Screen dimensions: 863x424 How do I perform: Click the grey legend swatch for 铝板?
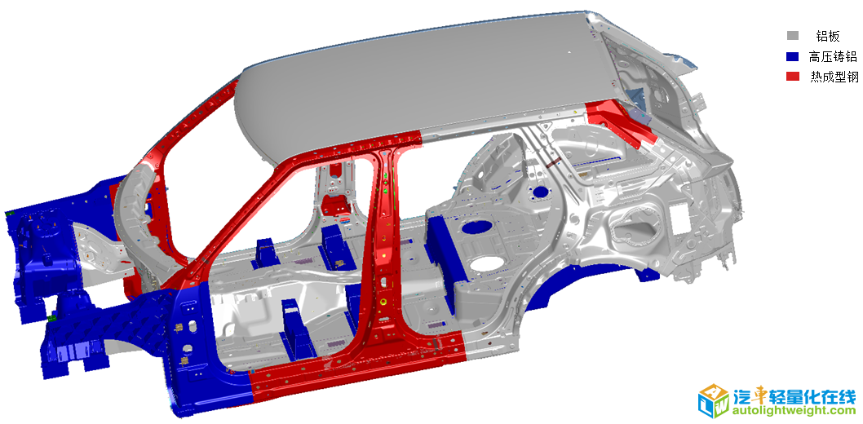792,37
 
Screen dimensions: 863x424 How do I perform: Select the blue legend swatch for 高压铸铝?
792,56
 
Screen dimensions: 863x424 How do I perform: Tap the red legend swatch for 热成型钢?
792,77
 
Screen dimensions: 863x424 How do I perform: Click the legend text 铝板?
828,37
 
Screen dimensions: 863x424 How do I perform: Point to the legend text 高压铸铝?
833,56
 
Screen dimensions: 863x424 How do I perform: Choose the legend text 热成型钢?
834,77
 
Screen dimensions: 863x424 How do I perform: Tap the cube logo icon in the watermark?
714,400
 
